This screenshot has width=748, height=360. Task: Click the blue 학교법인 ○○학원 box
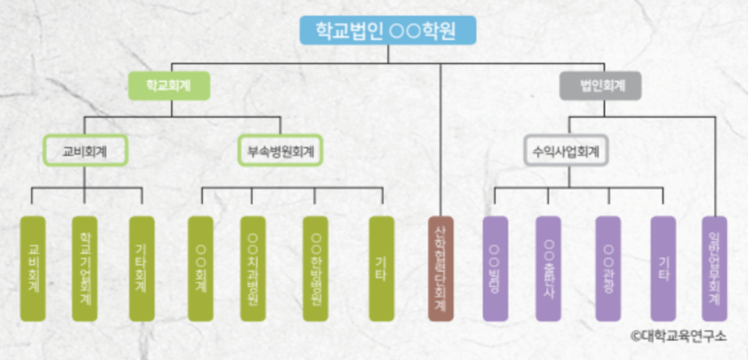pyautogui.click(x=386, y=30)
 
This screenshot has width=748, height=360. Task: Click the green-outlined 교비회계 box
pyautogui.click(x=84, y=152)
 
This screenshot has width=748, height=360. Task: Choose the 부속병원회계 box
pyautogui.click(x=280, y=152)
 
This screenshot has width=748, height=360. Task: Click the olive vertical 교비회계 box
pyautogui.click(x=33, y=269)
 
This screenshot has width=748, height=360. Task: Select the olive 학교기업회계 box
pyautogui.click(x=84, y=269)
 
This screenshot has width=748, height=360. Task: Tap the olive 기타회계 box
pyautogui.click(x=141, y=269)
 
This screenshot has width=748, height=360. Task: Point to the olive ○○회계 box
pyautogui.click(x=201, y=269)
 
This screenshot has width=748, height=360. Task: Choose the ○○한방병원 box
pyautogui.click(x=315, y=269)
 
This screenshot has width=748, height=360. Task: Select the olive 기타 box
pyautogui.click(x=381, y=269)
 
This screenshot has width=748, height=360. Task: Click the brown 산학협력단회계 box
pyautogui.click(x=440, y=269)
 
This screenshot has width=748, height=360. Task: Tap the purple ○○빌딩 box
pyautogui.click(x=495, y=269)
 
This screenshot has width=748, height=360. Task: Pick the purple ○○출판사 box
pyautogui.click(x=548, y=269)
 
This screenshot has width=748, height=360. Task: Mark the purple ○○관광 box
pyautogui.click(x=608, y=269)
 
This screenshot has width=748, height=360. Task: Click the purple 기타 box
pyautogui.click(x=663, y=269)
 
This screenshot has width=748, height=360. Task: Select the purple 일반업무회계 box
pyautogui.click(x=714, y=269)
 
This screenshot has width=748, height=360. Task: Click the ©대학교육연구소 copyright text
pyautogui.click(x=678, y=337)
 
